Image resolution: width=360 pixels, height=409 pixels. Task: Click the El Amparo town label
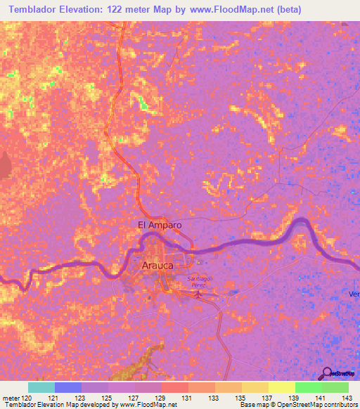pos(160,225)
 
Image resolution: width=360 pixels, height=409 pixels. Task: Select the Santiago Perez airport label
pos(199,283)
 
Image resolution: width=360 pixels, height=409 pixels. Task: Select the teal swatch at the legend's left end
pos(41,387)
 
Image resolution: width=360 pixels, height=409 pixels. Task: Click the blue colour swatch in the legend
pos(68,387)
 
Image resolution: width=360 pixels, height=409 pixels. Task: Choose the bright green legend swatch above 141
pos(308,387)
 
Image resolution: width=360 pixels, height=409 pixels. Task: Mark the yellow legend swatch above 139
pos(281,387)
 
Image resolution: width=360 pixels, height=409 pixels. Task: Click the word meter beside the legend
pos(10,398)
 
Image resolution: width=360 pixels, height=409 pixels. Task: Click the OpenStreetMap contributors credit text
pos(316,405)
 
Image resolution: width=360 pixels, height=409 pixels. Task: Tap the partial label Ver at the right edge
pos(354,294)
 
